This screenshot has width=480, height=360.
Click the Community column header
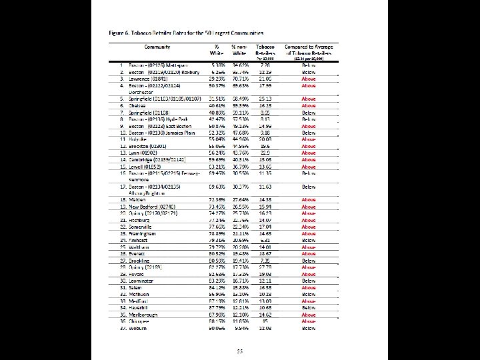point(157,47)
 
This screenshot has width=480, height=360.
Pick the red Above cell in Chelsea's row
point(309,105)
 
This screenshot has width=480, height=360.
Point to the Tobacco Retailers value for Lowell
point(265,166)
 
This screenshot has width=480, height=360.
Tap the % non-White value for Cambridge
point(240,159)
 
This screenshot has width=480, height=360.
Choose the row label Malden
point(137,199)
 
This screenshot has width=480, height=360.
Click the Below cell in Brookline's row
point(309,261)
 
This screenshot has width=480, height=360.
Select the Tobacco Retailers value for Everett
point(265,254)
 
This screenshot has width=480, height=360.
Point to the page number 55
point(240,350)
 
